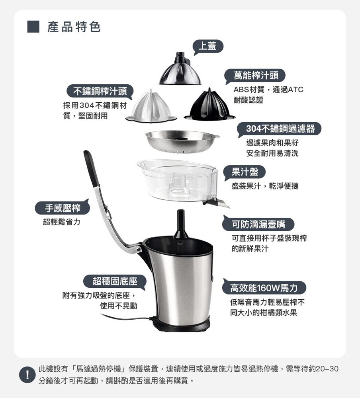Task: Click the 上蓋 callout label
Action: point(208,46)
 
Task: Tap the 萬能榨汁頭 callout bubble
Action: point(255,76)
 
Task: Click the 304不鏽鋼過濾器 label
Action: point(280,129)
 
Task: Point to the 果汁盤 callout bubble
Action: point(245,172)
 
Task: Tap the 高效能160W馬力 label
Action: point(264,288)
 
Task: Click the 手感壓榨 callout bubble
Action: point(63,208)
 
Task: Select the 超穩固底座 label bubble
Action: point(115,281)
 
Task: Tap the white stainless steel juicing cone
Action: point(151,107)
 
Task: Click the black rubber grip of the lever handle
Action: point(92,168)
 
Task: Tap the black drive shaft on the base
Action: point(181,224)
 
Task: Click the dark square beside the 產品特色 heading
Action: point(33,27)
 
